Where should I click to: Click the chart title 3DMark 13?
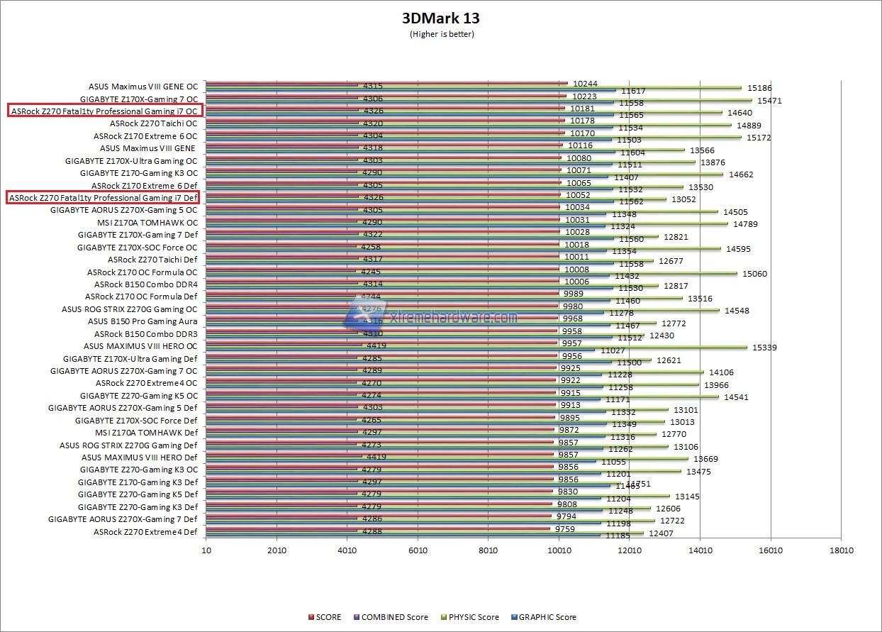441,18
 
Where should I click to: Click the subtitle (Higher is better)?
441,34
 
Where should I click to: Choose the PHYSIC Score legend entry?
469,617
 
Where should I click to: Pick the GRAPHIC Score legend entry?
546,617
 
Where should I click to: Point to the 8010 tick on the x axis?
489,550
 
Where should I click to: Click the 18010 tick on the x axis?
841,550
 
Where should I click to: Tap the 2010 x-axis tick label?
277,550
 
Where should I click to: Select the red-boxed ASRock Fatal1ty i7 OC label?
104,111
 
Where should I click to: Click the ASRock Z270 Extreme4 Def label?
145,532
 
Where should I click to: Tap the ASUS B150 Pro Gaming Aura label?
143,321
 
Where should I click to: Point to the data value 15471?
769,101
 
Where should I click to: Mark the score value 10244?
586,83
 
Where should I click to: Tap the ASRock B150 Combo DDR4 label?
145,284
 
